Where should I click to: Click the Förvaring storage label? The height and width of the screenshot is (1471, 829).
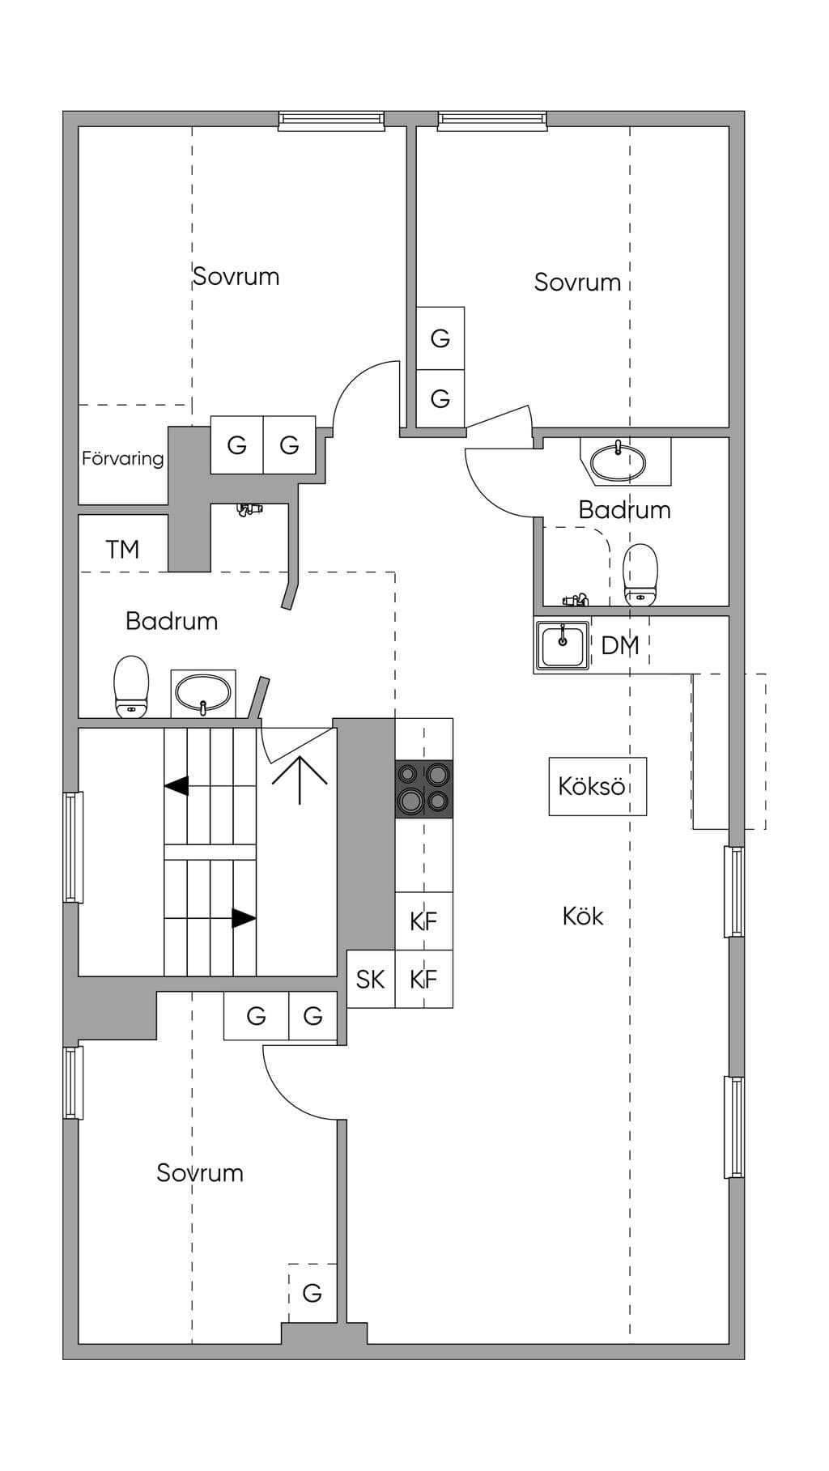[122, 459]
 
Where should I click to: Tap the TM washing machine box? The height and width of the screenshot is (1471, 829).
[123, 543]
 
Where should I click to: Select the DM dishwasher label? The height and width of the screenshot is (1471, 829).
[620, 645]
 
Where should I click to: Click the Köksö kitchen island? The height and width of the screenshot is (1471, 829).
[597, 786]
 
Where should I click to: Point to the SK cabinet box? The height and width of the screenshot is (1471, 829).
[371, 979]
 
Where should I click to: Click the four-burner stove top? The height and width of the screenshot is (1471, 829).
[424, 789]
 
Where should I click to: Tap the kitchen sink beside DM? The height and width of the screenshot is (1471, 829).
[563, 645]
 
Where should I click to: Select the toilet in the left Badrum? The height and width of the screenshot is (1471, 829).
[131, 687]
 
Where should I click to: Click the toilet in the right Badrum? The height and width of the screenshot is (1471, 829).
[640, 574]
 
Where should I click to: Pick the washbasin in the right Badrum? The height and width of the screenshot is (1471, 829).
[619, 461]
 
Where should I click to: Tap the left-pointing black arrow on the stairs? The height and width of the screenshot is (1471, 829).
[176, 785]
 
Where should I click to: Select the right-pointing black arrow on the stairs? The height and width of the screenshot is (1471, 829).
[244, 918]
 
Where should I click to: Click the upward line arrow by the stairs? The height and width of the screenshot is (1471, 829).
[300, 780]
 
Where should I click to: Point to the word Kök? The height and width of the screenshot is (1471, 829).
[583, 916]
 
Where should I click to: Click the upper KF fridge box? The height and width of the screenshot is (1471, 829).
[424, 921]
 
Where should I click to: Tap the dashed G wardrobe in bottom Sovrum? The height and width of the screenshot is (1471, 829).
[312, 1293]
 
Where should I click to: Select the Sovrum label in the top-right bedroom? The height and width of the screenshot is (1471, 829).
[577, 283]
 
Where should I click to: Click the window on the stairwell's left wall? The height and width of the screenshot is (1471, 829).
[74, 847]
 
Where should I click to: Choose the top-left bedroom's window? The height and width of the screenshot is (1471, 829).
[331, 121]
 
